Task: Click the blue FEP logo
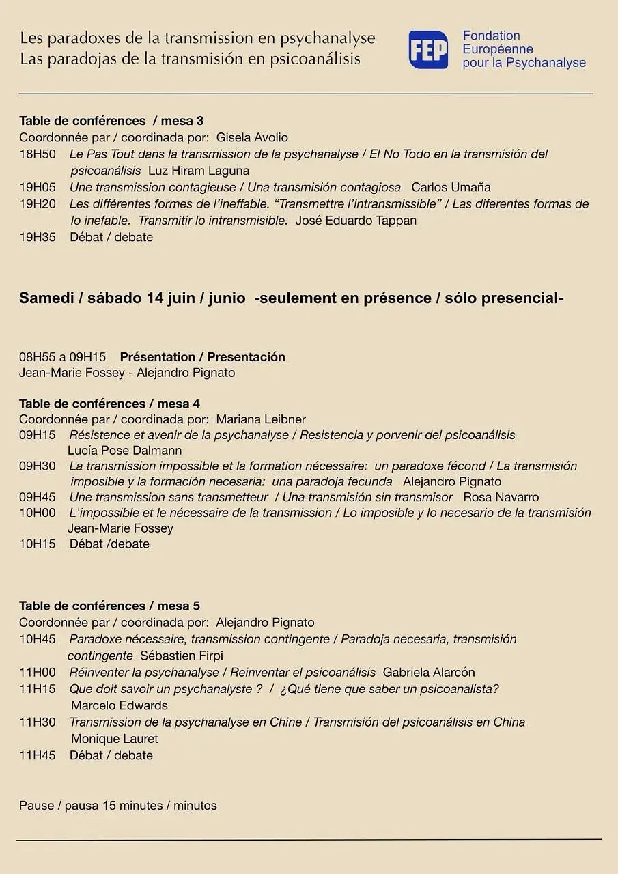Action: pos(428,50)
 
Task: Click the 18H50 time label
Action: pos(38,154)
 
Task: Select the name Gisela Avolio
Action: pos(252,137)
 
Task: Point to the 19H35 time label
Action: pos(38,237)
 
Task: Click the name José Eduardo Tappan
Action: pos(356,221)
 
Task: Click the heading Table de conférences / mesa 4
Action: pos(109,404)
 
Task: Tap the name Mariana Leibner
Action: pos(261,419)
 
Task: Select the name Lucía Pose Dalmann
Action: pos(125,451)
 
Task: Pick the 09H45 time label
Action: pos(38,497)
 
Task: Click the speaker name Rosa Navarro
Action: pos(501,497)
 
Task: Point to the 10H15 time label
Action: pos(38,544)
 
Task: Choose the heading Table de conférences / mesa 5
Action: pos(109,606)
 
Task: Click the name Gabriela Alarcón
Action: pos(429,673)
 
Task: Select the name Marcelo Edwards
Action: pos(120,705)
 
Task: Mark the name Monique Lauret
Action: pos(115,739)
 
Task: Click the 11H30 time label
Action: pos(38,722)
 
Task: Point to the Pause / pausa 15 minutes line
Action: pos(118,806)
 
